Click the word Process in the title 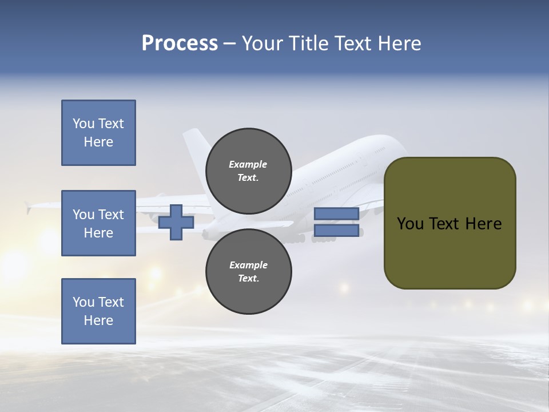(x=180, y=43)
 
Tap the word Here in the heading (x=399, y=43)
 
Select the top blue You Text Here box (x=98, y=133)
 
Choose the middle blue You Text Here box (x=98, y=223)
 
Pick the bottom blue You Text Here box (x=98, y=311)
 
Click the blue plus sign (x=176, y=222)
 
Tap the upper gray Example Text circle (x=248, y=171)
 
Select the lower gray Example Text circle (x=248, y=271)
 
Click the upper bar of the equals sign (x=336, y=214)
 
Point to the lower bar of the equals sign (x=336, y=231)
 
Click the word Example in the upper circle (x=248, y=164)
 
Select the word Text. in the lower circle (x=248, y=279)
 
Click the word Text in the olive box (x=447, y=224)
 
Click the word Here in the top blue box (x=98, y=142)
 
